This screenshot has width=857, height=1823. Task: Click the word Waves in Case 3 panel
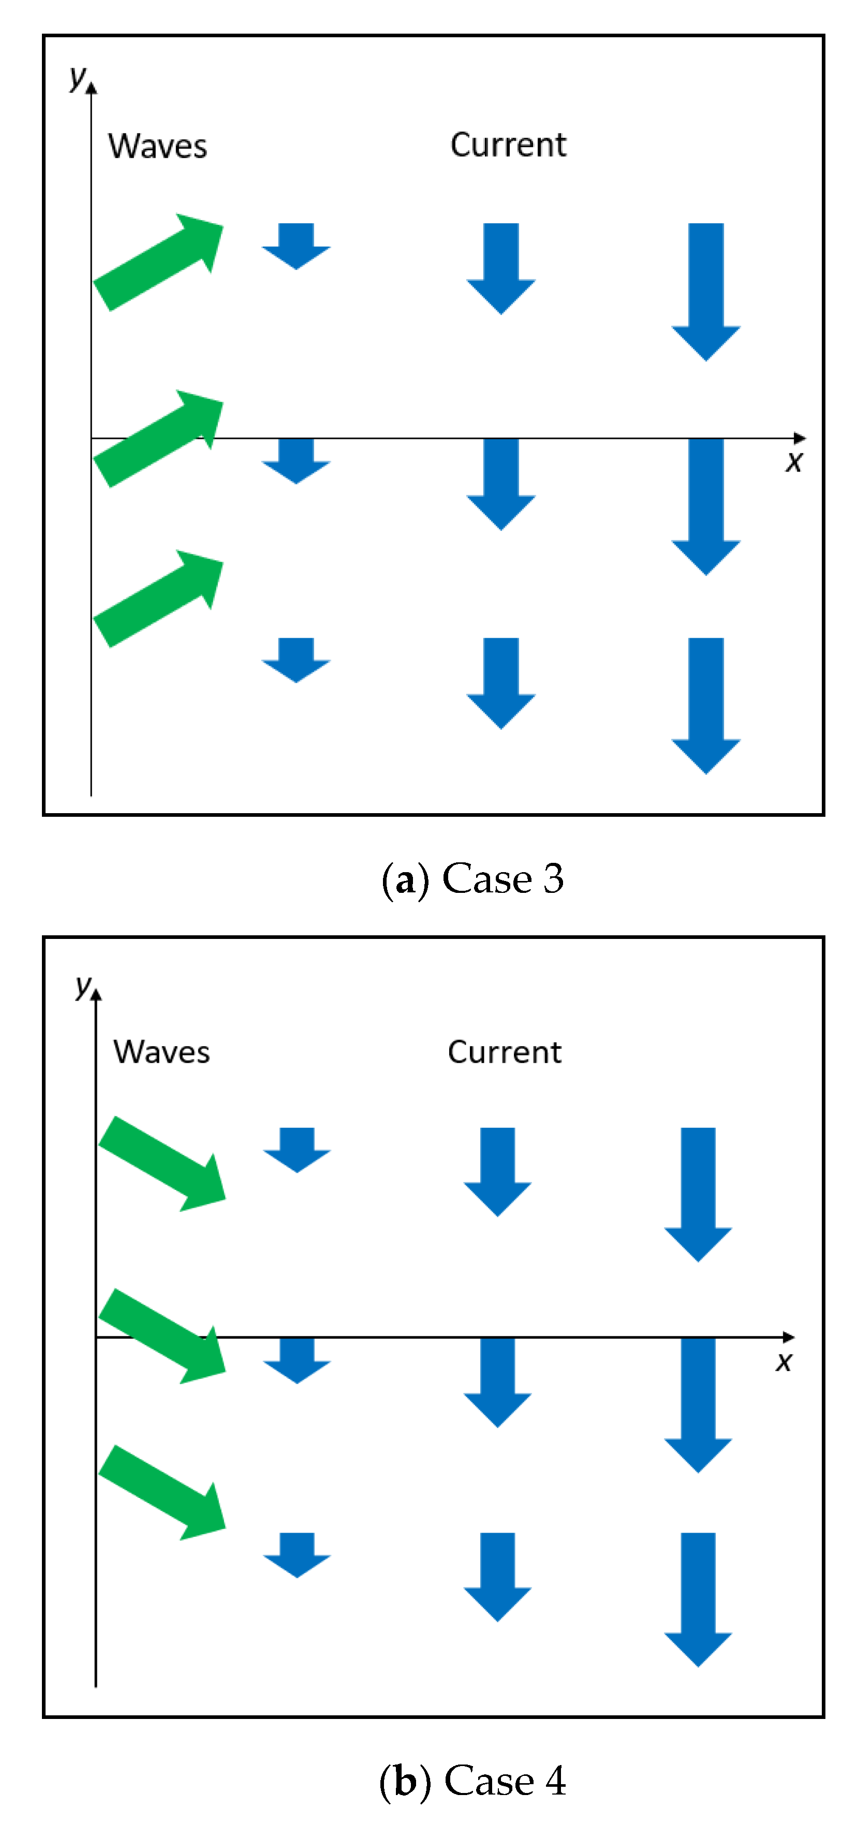[x=157, y=146]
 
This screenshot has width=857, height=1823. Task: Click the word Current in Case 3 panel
[x=508, y=145]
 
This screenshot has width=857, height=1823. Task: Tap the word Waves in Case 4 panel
[x=161, y=1052]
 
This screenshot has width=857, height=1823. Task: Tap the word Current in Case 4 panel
[x=505, y=1052]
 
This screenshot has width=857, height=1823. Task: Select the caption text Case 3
[x=503, y=879]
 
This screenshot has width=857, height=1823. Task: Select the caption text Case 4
[x=505, y=1781]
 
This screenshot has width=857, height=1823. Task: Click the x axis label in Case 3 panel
[x=794, y=461]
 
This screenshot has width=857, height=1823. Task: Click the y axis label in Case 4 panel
[x=83, y=985]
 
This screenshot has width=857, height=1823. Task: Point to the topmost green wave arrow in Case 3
[x=158, y=262]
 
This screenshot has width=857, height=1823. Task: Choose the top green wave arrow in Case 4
[x=162, y=1164]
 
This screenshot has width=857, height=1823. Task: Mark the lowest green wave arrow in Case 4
[x=162, y=1492]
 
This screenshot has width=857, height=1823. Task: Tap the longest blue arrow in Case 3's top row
[x=705, y=290]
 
